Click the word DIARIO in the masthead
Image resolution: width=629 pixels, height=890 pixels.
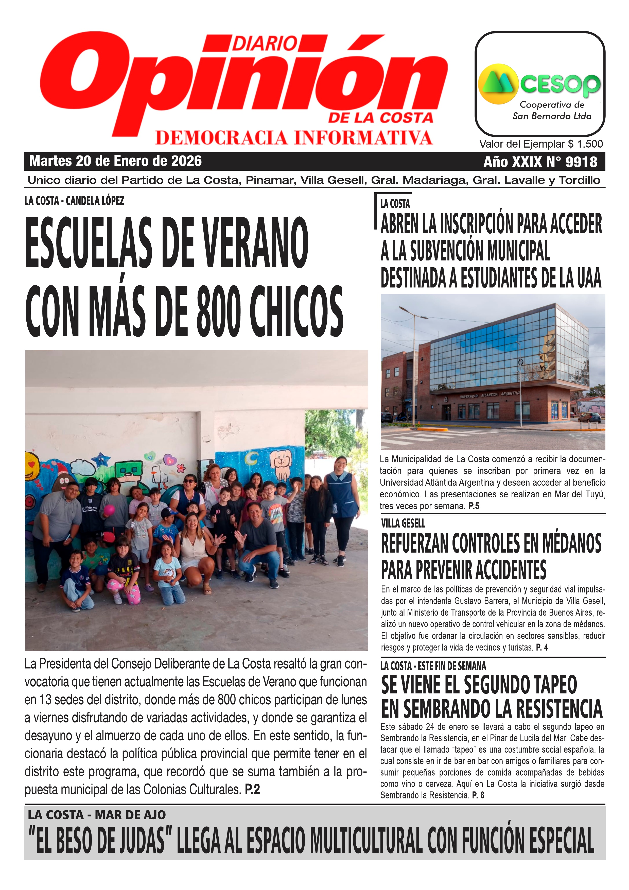265,43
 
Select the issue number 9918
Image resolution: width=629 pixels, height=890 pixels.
581,162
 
